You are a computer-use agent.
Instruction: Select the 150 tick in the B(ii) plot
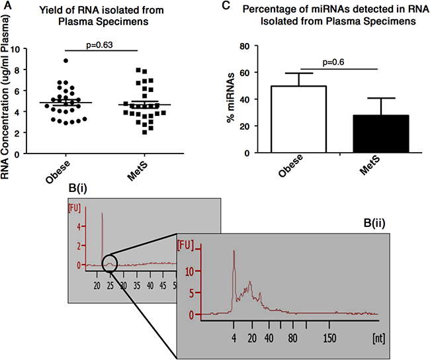(329, 337)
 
